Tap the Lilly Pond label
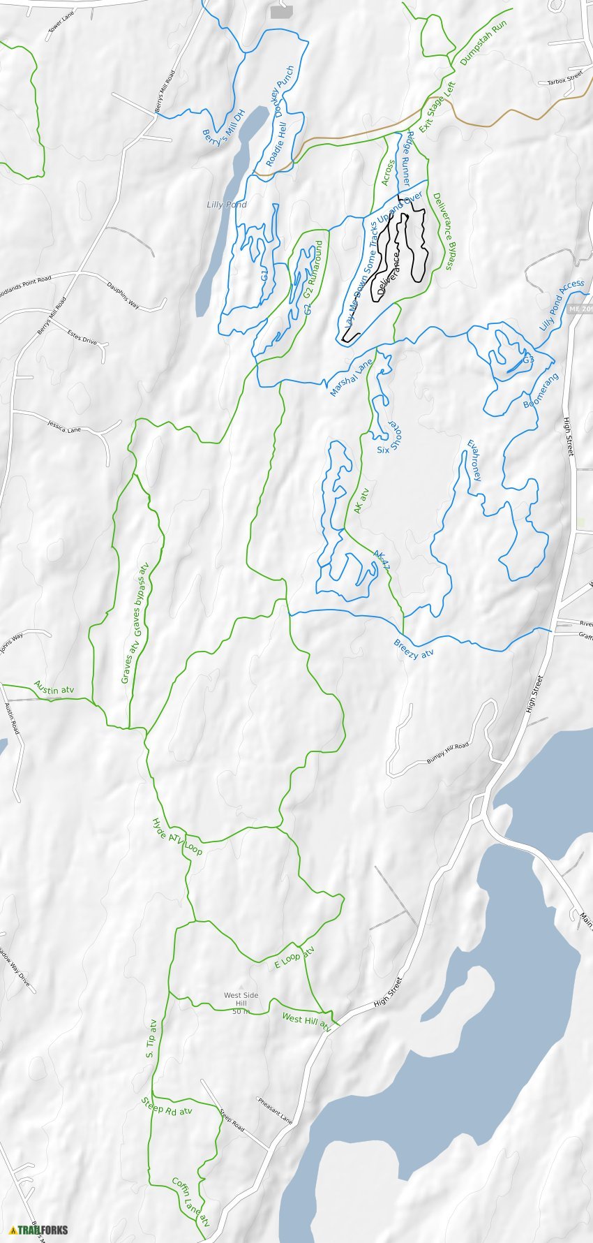point(226,205)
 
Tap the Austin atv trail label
point(54,688)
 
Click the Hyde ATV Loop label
point(177,837)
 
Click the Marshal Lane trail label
point(352,378)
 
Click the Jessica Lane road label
point(64,426)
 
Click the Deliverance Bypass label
point(443,231)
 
